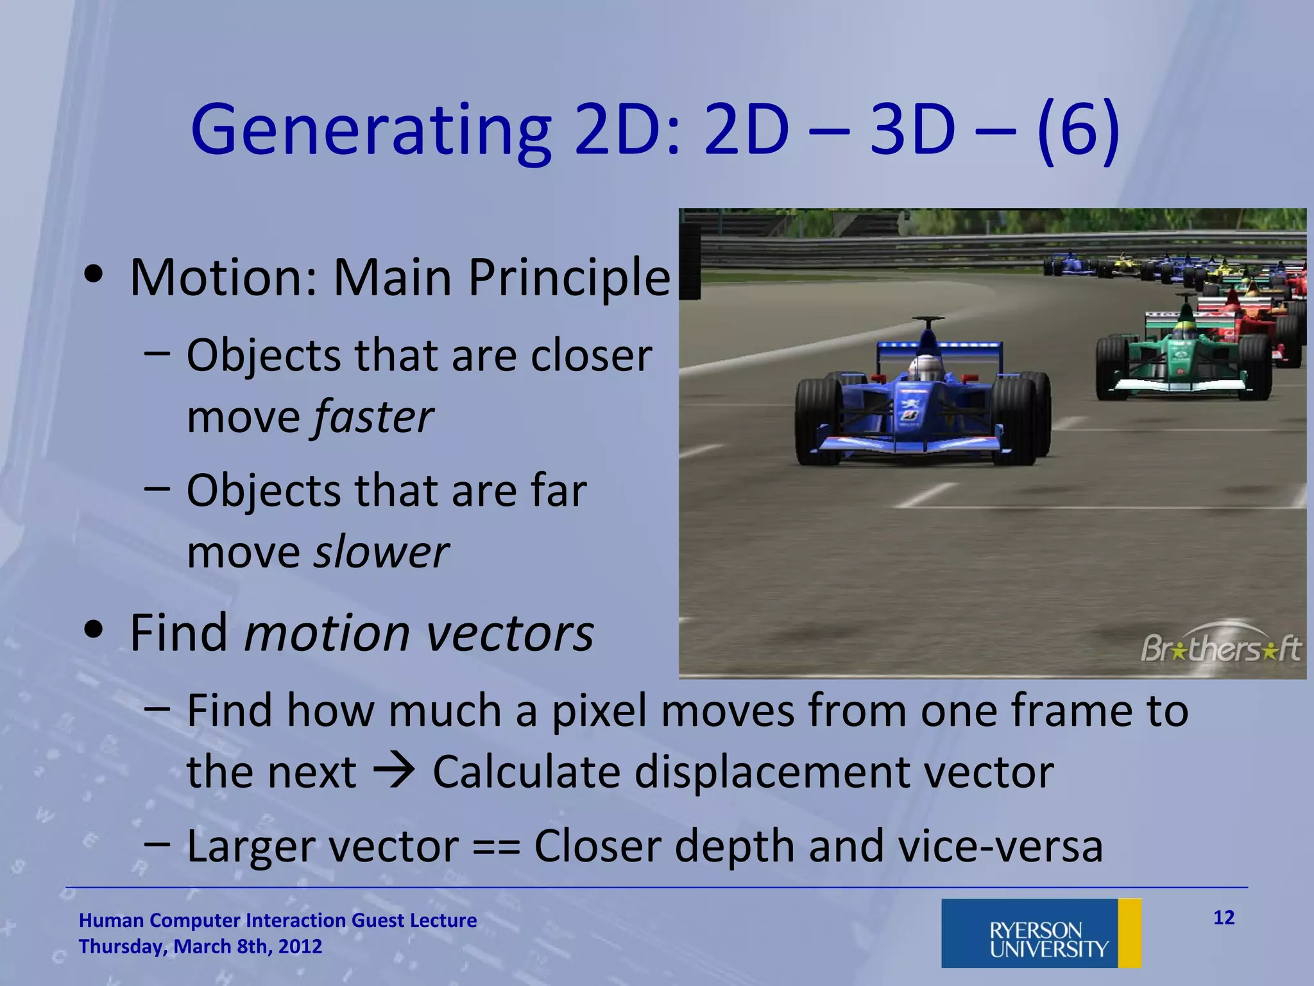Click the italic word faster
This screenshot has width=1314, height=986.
373,417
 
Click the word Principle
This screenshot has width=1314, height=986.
568,277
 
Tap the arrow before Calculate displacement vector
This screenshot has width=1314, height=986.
394,771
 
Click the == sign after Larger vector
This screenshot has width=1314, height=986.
496,847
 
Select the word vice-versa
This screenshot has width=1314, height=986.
1000,847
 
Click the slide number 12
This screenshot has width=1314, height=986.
1224,918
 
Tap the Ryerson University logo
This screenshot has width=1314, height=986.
1041,933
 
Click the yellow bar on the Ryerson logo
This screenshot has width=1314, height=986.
1129,933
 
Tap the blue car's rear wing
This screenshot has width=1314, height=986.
938,347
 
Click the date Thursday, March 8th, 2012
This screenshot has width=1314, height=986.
200,947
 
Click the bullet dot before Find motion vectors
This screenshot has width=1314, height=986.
94,631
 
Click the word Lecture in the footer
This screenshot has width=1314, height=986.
443,921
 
